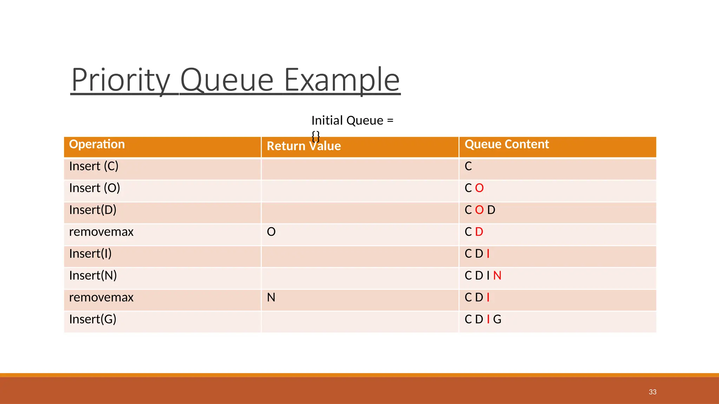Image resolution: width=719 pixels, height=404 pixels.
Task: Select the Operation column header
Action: click(x=97, y=144)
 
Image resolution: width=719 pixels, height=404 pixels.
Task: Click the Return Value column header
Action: click(x=304, y=146)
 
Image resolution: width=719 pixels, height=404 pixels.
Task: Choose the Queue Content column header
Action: click(x=507, y=144)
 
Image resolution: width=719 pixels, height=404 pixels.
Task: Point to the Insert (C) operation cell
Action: click(x=94, y=166)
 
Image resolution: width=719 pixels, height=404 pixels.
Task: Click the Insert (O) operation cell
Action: click(x=94, y=188)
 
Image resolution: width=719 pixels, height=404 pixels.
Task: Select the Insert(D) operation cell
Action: click(x=93, y=210)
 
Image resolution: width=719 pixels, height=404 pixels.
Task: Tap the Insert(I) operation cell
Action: click(x=90, y=254)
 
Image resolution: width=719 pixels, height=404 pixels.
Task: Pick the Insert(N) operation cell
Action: click(x=93, y=276)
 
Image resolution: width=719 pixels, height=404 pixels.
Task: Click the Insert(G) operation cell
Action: click(x=93, y=319)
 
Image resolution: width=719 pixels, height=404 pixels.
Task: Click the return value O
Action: click(x=271, y=232)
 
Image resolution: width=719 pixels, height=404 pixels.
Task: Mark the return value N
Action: click(x=271, y=297)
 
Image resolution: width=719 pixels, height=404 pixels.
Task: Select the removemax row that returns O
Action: click(x=101, y=232)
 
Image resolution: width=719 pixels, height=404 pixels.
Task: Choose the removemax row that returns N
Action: click(x=101, y=297)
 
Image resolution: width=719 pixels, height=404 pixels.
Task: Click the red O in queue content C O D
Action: click(x=479, y=210)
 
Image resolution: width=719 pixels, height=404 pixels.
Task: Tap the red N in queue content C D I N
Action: click(x=497, y=276)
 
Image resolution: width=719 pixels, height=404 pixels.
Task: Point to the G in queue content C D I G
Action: click(x=497, y=319)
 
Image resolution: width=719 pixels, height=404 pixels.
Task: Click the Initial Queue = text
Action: click(x=352, y=121)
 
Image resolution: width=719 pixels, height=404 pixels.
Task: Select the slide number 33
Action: click(x=652, y=392)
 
